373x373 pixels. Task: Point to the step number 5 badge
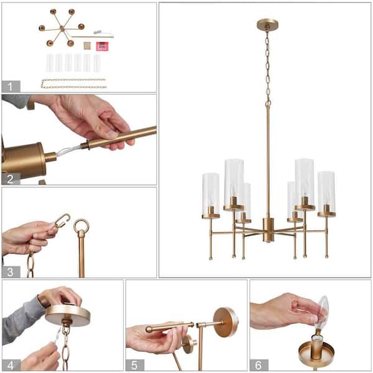(135, 364)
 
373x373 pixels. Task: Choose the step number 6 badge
(259, 364)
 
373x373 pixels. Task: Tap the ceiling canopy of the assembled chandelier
(267, 24)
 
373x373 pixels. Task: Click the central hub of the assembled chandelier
(268, 229)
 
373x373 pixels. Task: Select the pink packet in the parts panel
(101, 45)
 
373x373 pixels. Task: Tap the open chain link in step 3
(62, 220)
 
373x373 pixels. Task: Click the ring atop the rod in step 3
(81, 226)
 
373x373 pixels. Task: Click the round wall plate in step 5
(225, 321)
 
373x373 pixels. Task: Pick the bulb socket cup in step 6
(316, 351)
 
